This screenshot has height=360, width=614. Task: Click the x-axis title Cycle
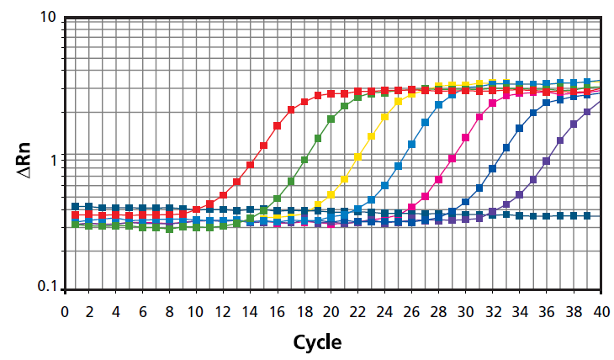coord(317,343)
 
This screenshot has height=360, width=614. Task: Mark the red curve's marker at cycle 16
coord(277,126)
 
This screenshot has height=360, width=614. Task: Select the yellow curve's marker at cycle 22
coord(357,156)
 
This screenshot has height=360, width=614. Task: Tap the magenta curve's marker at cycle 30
coord(465,137)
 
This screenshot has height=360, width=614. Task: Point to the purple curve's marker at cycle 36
coord(546,161)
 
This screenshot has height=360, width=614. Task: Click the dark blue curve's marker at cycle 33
coord(505,147)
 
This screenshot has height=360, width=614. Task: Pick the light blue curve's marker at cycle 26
coord(411,145)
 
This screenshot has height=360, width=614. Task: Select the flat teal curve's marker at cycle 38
coord(573,215)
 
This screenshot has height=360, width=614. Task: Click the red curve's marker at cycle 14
coord(250,165)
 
